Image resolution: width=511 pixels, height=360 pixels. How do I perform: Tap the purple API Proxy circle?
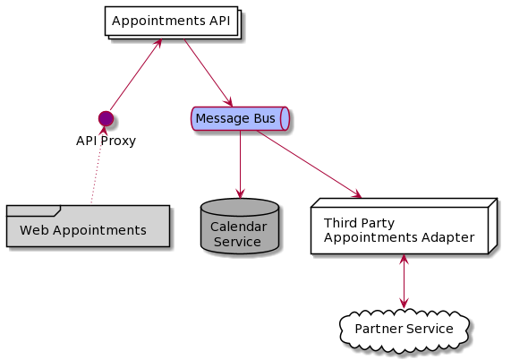(106, 118)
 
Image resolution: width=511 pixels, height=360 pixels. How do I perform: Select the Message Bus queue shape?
(240, 118)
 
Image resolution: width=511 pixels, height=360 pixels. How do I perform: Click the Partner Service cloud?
(404, 329)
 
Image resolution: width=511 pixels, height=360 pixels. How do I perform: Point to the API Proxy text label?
(106, 141)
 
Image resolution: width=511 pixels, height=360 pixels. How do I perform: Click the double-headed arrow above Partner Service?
(404, 282)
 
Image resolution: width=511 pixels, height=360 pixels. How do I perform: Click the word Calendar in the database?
(239, 227)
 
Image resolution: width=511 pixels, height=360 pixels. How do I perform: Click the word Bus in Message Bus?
(264, 118)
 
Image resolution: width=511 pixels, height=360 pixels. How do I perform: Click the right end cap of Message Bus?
(285, 118)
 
